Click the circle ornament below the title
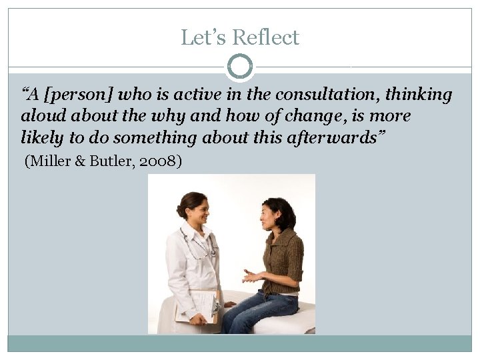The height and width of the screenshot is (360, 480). [x=240, y=67]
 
